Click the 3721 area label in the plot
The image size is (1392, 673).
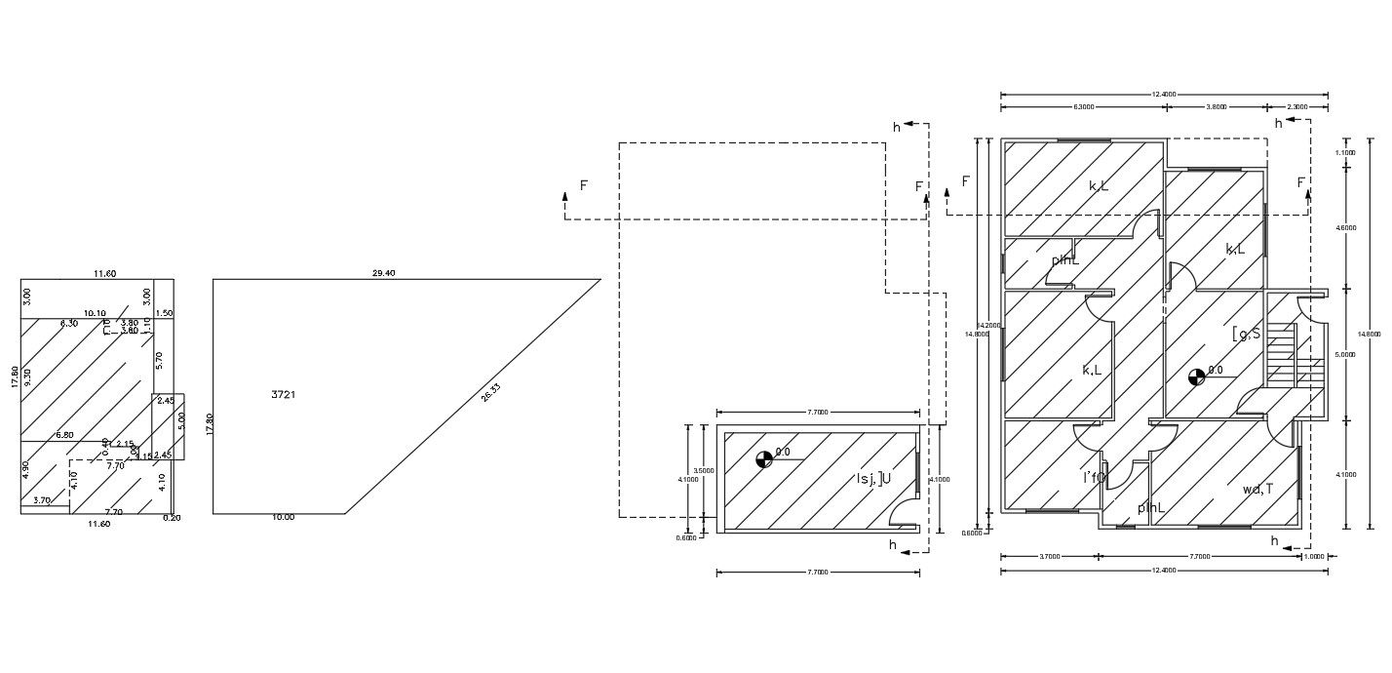(x=284, y=395)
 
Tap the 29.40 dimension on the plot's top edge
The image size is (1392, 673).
(x=383, y=273)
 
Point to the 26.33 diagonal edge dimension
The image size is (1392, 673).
(x=490, y=394)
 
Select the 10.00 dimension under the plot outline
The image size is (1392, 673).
(x=283, y=517)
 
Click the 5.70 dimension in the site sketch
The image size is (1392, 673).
(x=160, y=358)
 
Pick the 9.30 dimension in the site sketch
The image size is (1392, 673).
(x=29, y=377)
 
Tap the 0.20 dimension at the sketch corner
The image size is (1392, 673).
(x=173, y=518)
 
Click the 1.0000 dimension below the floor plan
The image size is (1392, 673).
(x=1315, y=557)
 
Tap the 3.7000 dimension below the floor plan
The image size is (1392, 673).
(x=1049, y=557)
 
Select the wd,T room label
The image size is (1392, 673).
(x=1257, y=490)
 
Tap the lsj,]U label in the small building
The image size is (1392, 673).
(x=873, y=478)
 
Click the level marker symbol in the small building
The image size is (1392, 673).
(x=764, y=458)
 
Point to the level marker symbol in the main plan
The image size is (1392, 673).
(x=1196, y=376)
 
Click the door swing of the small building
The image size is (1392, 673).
(x=906, y=513)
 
